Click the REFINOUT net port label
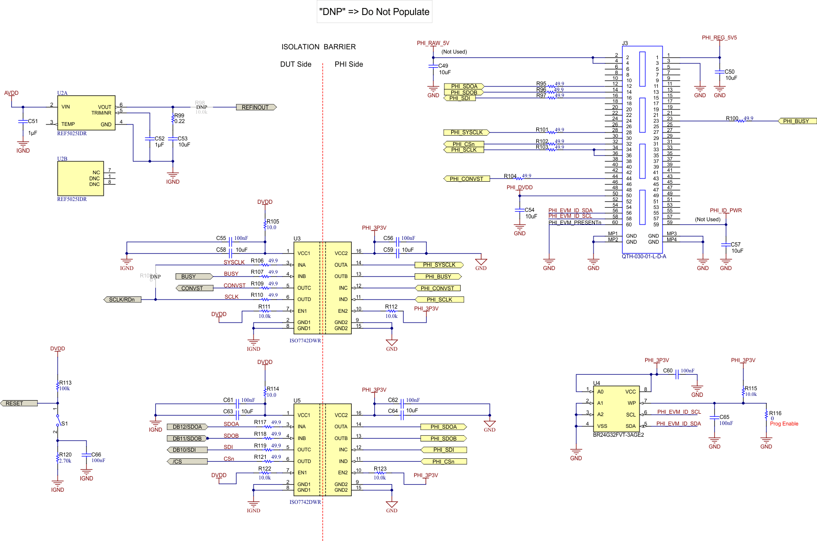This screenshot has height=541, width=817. pos(255,108)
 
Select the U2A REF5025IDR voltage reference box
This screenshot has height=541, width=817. pos(86,113)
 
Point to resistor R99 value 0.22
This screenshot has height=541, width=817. pos(179,121)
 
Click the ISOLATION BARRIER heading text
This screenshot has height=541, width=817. pos(318,47)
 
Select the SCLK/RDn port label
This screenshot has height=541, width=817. pos(122,300)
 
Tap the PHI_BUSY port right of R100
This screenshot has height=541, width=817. pos(796,121)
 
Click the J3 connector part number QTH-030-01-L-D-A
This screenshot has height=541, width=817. pos(644,256)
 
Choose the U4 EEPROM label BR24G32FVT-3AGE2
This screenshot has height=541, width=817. pos(618,435)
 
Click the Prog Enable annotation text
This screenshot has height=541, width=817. pos(784,424)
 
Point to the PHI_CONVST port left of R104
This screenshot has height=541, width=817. pos(466,179)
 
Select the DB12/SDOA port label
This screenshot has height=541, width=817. pos(187,427)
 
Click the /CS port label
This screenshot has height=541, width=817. pos(187,462)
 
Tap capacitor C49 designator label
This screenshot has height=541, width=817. pos(443,66)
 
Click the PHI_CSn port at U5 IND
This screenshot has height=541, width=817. pos(443,462)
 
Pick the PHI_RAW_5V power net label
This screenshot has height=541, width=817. pos(433,43)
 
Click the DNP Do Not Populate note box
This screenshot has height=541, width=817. pos(374,12)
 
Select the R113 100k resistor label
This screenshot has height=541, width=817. pos(65,386)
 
